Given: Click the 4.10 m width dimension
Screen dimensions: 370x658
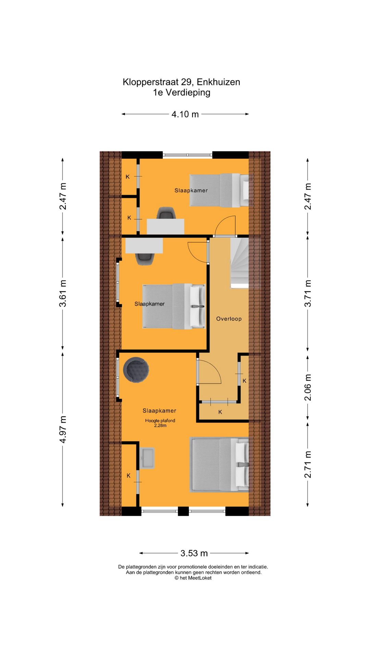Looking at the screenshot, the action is tap(185, 114).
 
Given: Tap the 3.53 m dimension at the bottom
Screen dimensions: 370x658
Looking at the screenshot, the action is tap(194, 553).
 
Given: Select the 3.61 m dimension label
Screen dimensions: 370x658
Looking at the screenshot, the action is tap(63, 293).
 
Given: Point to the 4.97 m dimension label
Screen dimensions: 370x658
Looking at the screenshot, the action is tap(63, 429).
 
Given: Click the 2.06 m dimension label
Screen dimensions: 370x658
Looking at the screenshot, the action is tap(308, 387).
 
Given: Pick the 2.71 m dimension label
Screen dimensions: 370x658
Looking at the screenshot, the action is tap(308, 464).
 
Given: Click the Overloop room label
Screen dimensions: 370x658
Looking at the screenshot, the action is tap(229, 319).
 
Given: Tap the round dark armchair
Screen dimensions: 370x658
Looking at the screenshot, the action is tap(136, 370).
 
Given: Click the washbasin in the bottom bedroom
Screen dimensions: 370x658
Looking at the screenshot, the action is tap(147, 458).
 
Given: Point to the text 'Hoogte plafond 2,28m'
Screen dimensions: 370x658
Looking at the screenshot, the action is tap(160, 423).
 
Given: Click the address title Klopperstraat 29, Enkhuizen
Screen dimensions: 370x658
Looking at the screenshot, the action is tap(181, 82).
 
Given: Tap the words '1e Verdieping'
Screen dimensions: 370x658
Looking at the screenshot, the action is tap(182, 93).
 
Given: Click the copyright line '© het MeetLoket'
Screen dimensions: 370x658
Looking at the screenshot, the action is tap(193, 578).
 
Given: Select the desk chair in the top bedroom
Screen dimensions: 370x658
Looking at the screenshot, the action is tap(166, 213).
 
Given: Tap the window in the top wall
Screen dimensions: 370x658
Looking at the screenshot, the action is tap(187, 155).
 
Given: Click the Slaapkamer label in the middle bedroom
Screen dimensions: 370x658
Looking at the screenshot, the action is tap(149, 304).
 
